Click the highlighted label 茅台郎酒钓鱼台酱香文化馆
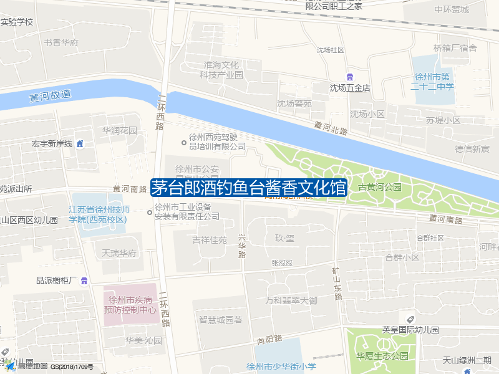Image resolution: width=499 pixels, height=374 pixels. click(x=248, y=188)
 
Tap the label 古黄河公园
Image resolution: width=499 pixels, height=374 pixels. click(x=380, y=187)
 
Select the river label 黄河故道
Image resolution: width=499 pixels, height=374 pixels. click(x=50, y=96)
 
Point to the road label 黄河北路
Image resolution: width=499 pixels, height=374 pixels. click(x=331, y=127)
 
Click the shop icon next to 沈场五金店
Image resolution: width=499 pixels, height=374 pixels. click(x=351, y=77)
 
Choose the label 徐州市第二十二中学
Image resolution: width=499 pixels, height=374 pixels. click(x=432, y=82)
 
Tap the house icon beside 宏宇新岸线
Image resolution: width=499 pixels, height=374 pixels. click(x=80, y=144)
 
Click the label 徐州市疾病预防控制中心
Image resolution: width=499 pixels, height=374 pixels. click(x=130, y=304)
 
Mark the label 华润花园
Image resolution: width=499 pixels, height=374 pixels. click(x=120, y=131)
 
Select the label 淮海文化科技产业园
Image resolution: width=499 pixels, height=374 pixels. click(x=221, y=70)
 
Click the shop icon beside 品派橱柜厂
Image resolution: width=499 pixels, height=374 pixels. click(x=84, y=280)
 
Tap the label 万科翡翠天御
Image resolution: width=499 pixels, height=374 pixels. click(x=291, y=300)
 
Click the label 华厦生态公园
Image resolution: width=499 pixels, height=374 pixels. click(x=382, y=356)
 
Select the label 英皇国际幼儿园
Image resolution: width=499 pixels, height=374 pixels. click(x=410, y=330)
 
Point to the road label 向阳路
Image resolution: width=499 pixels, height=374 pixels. click(x=269, y=340)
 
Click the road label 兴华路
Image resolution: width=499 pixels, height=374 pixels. click(x=242, y=246)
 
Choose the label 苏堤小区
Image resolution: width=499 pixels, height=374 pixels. click(x=443, y=120)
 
